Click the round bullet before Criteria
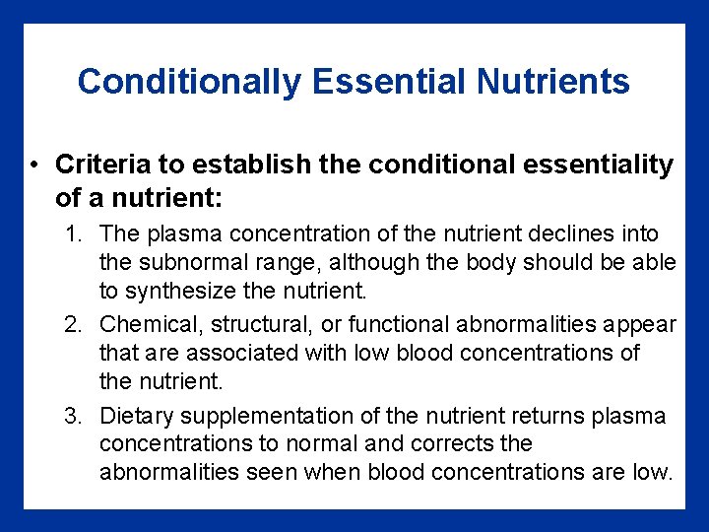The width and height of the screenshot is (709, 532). pyautogui.click(x=34, y=164)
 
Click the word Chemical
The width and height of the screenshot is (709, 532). pyautogui.click(x=144, y=324)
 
